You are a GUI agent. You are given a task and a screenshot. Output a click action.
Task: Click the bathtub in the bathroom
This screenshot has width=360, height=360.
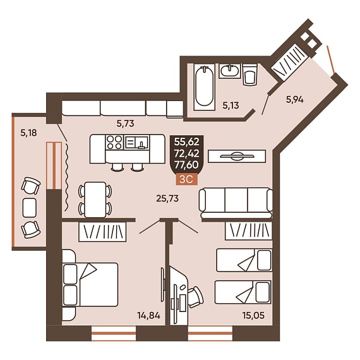(205, 87)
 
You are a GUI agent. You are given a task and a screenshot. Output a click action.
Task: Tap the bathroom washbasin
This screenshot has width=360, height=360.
(230, 71)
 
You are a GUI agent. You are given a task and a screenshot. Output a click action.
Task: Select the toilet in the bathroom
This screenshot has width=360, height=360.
(250, 75)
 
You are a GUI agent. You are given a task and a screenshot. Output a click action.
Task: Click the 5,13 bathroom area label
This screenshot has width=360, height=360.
(231, 105)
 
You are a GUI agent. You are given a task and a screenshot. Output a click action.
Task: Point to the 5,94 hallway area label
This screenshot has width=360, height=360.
(295, 100)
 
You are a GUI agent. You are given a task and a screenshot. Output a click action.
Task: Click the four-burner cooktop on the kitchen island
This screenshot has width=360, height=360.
(114, 142)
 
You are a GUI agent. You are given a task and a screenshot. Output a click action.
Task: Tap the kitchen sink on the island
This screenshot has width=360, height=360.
(136, 142)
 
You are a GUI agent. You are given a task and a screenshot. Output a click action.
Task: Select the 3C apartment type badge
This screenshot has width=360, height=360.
(186, 179)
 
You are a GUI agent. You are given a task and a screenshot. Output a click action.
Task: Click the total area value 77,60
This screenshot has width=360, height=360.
(186, 165)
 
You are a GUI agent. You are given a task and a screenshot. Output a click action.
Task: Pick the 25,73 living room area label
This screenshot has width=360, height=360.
(167, 198)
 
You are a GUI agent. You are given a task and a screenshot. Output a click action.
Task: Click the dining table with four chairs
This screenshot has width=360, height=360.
(95, 200)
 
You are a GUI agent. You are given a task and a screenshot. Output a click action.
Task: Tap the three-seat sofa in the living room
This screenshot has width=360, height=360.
(236, 203)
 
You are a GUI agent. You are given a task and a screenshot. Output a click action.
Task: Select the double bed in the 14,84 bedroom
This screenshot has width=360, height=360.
(90, 285)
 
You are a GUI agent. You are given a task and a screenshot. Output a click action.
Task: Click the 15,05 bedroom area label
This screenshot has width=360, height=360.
(253, 315)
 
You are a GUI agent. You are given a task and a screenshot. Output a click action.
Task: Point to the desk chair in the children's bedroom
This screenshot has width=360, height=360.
(196, 297)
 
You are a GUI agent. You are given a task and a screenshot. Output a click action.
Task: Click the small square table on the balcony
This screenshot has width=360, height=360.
(30, 208)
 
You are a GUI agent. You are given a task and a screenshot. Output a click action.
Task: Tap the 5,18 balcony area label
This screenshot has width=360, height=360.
(28, 133)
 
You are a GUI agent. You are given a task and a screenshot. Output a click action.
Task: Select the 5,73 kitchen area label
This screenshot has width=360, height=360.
(125, 124)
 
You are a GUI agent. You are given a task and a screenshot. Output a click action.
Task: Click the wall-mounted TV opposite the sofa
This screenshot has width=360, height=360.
(237, 156)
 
